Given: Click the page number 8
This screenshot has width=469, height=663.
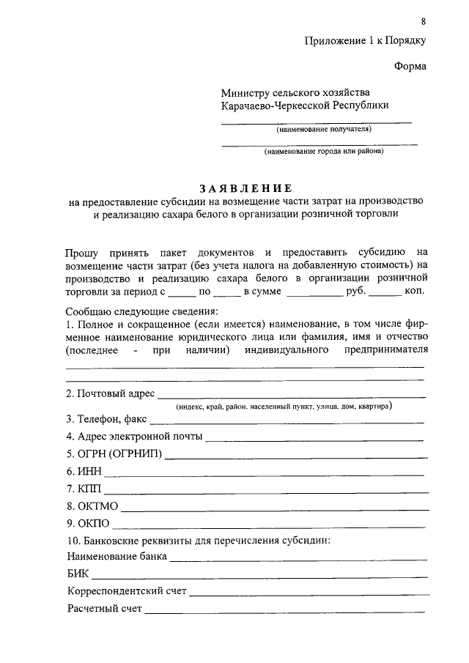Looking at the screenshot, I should (x=423, y=20).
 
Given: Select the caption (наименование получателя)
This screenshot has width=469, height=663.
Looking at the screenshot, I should (x=323, y=130).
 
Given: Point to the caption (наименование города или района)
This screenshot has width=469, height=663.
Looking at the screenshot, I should (x=324, y=152).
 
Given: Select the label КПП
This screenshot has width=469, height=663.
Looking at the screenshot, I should (x=78, y=489).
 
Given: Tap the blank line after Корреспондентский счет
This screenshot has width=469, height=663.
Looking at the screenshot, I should (x=308, y=593).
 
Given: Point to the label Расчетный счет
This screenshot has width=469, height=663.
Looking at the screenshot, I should (x=103, y=609).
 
